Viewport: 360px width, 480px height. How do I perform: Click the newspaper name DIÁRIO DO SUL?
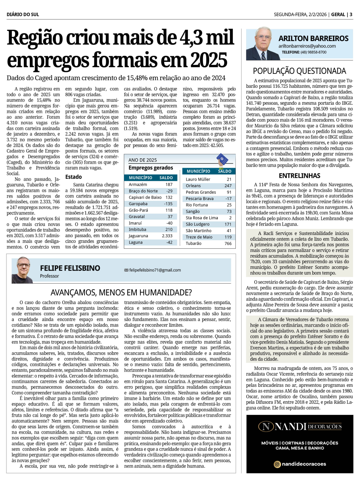tap(23, 14)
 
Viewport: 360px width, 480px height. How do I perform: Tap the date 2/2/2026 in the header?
tap(317, 14)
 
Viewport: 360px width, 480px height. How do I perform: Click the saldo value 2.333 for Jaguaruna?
tap(167, 236)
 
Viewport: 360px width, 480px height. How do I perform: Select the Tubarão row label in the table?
tap(193, 244)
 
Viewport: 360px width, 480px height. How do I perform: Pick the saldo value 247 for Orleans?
tap(228, 186)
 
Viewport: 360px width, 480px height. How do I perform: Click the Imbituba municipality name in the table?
tap(138, 230)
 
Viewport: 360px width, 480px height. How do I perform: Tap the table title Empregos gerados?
tap(150, 168)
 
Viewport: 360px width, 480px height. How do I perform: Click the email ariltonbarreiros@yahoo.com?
tap(307, 46)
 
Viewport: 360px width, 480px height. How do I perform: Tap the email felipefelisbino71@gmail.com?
tap(155, 270)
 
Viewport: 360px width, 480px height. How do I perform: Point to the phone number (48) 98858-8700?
tap(314, 52)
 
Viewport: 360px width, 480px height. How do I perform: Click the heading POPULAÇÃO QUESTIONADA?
tap(299, 71)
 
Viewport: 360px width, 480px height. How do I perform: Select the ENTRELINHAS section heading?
tap(299, 176)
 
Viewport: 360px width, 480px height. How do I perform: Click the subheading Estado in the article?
tap(73, 177)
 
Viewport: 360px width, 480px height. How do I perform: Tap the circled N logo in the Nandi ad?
tap(266, 427)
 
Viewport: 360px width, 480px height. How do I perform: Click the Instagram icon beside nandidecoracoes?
tap(277, 464)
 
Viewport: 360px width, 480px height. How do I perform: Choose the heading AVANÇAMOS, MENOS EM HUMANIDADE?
tap(121, 293)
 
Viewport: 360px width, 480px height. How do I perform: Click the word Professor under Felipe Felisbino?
tap(49, 276)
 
